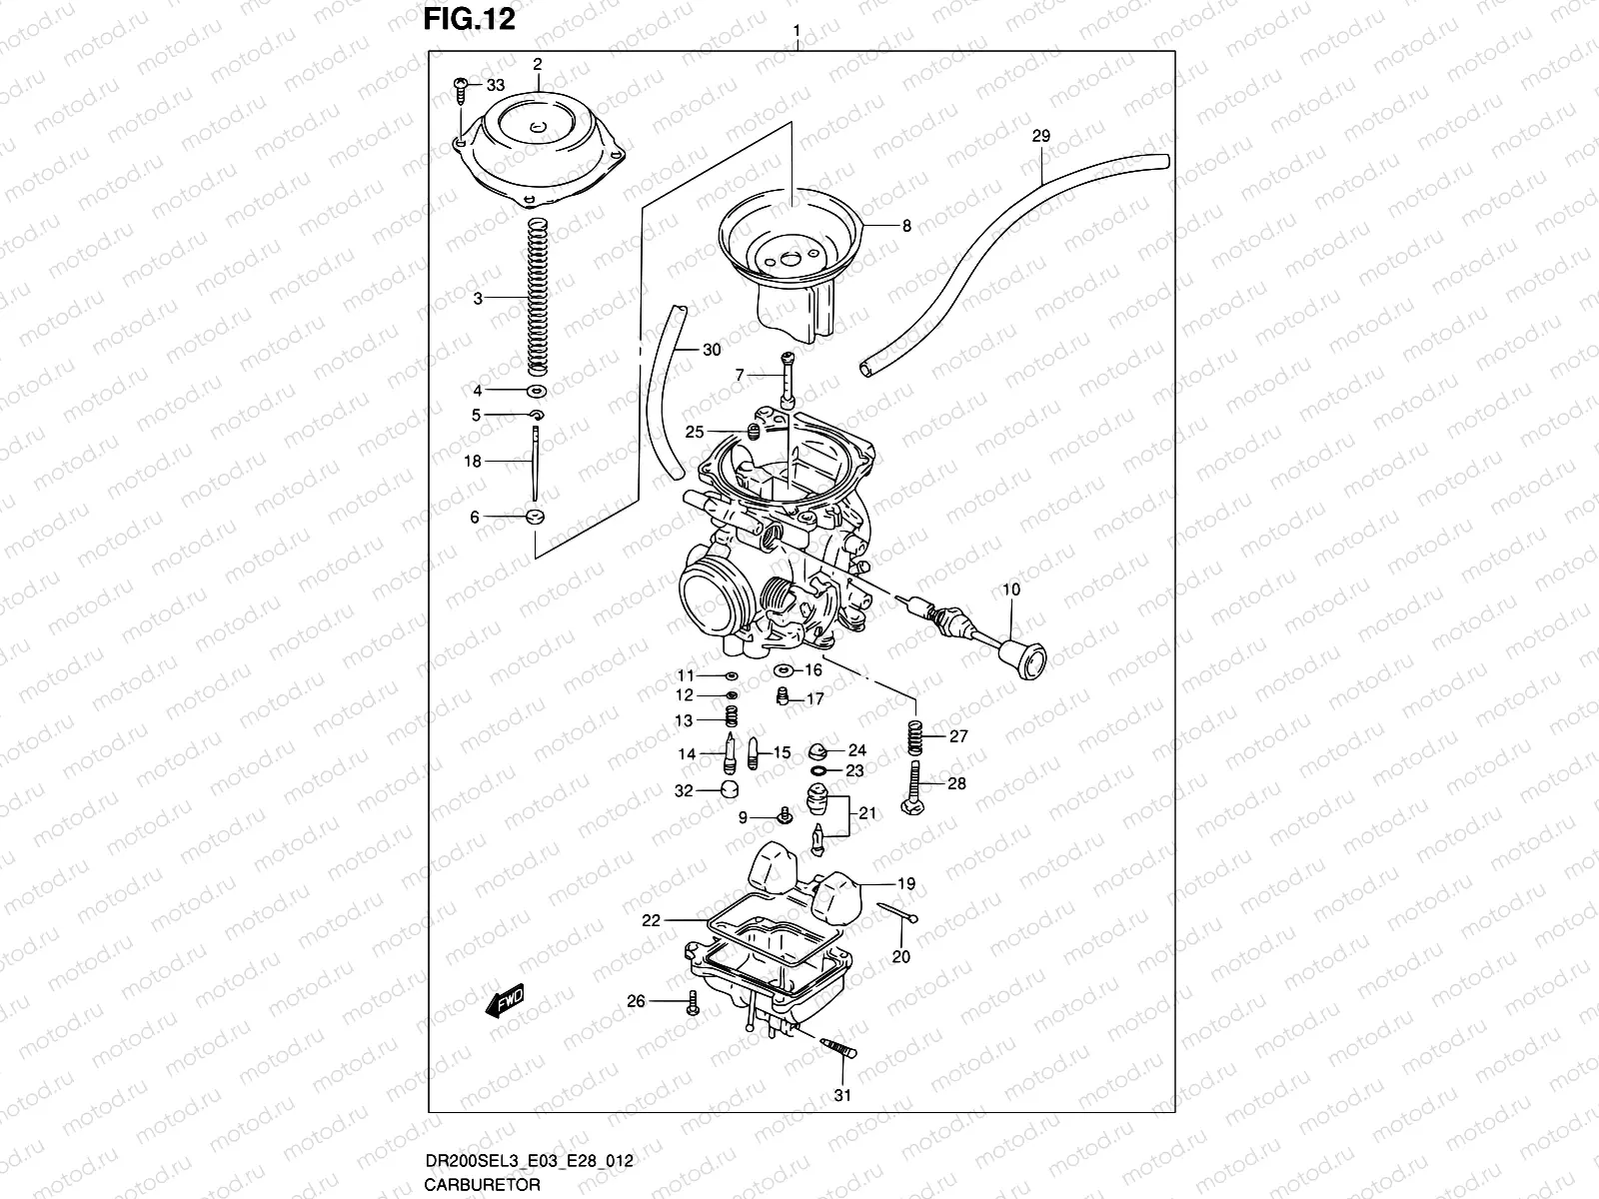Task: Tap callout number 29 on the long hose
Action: [1040, 136]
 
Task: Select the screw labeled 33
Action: [461, 88]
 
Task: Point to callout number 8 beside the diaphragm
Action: [906, 227]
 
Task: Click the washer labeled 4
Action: [537, 391]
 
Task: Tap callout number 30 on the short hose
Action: [711, 350]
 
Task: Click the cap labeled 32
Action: [736, 792]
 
